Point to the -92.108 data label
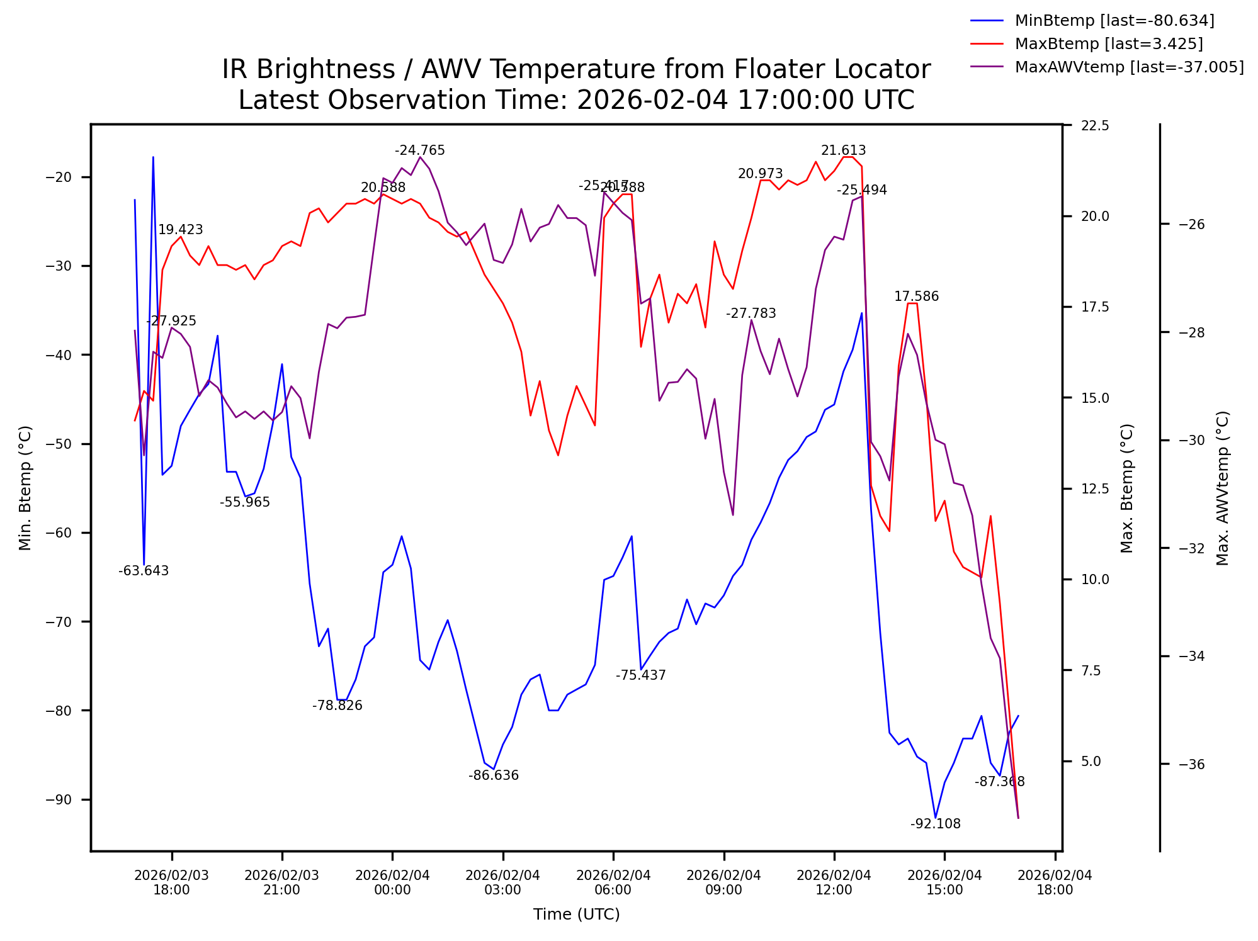(x=935, y=824)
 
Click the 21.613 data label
(x=843, y=150)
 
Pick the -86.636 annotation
(x=493, y=775)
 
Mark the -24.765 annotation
(x=419, y=150)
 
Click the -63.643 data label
(x=144, y=571)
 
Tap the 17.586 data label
(x=916, y=296)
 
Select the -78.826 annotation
(x=337, y=706)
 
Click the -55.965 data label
(x=244, y=502)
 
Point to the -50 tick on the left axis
(x=59, y=444)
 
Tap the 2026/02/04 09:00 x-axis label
(x=723, y=882)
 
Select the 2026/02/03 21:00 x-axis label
(x=281, y=882)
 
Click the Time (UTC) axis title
(x=576, y=915)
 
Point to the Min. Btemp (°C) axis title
(x=25, y=488)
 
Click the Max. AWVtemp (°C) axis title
(x=1223, y=488)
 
